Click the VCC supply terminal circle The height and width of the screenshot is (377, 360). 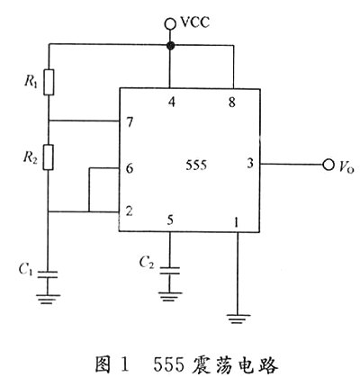170,24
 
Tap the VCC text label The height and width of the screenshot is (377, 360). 195,22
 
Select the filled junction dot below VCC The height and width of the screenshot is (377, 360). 170,46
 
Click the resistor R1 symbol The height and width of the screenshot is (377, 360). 49,82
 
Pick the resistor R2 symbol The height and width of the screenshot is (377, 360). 49,157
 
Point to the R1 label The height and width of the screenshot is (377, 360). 31,81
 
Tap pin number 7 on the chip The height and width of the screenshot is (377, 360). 130,122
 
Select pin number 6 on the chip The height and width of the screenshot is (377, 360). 130,168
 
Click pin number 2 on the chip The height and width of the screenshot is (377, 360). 130,211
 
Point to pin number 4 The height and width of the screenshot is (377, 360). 172,103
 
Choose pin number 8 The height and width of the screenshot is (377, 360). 232,103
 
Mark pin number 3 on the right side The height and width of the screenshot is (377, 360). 250,163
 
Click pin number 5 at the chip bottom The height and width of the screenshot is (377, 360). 170,220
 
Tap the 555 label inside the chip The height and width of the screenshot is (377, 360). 196,166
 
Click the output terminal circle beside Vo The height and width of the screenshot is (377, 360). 328,165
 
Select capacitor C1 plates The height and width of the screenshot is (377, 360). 48,274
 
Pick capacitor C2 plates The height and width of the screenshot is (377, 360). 169,271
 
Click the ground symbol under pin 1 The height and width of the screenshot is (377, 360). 238,319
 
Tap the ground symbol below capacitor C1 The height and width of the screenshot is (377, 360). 48,300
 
